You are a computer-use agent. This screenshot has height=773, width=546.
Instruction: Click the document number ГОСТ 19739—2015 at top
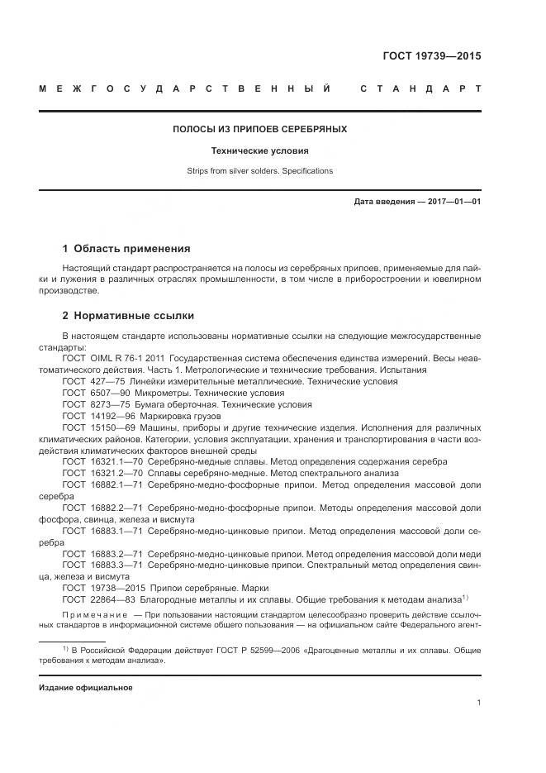[x=431, y=57]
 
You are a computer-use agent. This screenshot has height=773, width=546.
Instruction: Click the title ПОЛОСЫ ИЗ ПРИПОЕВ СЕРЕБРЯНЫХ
[x=259, y=130]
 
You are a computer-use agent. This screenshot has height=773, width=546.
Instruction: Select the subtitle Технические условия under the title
[x=259, y=151]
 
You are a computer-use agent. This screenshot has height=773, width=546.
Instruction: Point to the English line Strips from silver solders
[x=259, y=171]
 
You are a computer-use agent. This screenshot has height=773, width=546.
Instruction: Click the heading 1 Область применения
[x=126, y=248]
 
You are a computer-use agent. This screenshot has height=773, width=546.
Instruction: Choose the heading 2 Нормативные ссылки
[x=128, y=316]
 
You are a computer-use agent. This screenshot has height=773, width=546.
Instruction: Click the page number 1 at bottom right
[x=479, y=703]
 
